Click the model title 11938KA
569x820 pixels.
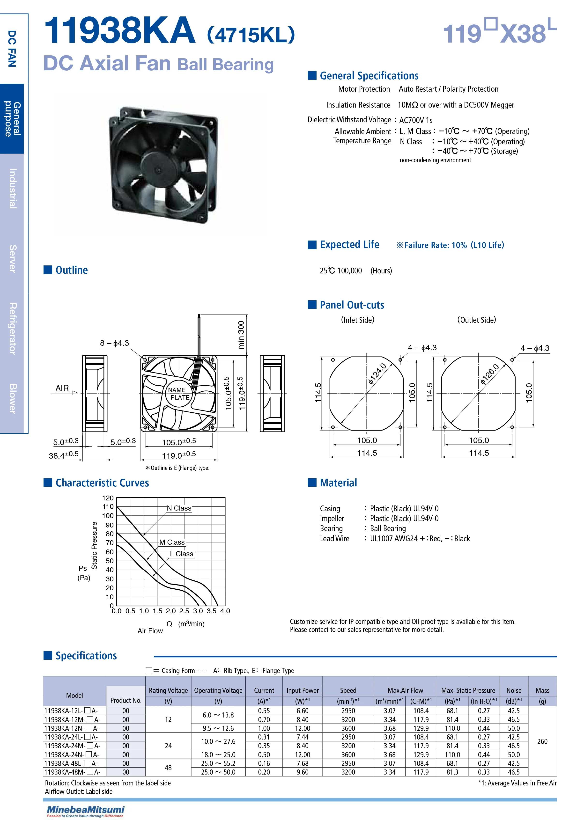[119, 31]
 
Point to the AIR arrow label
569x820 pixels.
[62, 388]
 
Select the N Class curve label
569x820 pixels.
[179, 508]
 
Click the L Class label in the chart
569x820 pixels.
[181, 554]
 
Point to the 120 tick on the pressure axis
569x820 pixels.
[108, 498]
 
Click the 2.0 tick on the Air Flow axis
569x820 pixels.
[171, 611]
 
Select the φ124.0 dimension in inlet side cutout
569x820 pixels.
[377, 373]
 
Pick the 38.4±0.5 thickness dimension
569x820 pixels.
[63, 455]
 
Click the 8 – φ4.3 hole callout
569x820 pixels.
[114, 343]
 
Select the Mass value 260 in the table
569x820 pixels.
[542, 741]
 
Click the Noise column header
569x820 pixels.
[513, 690]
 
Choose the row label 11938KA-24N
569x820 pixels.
[72, 754]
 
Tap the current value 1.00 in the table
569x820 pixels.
[264, 728]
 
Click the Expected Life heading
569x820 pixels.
[349, 244]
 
